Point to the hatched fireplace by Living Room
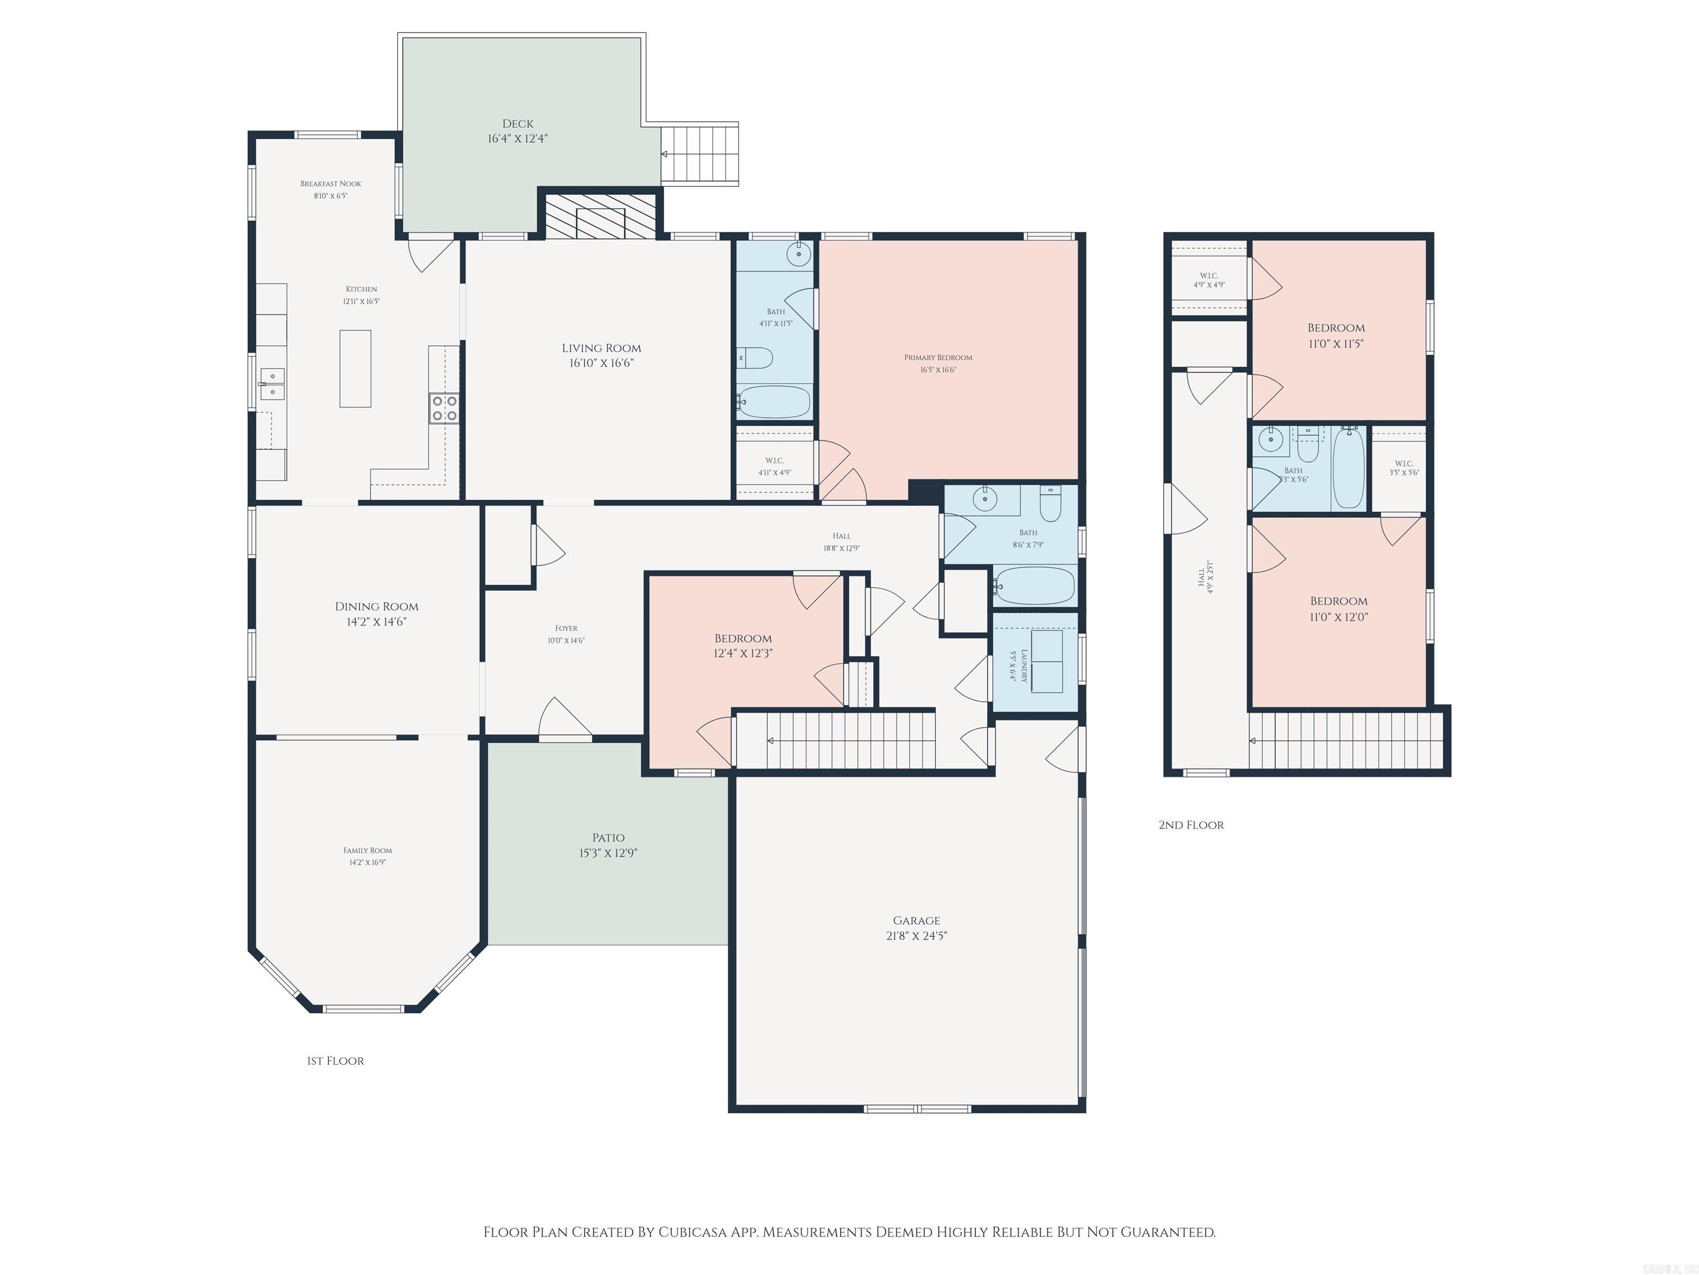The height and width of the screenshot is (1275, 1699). pos(600,216)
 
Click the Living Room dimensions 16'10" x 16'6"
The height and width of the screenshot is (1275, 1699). pos(601,363)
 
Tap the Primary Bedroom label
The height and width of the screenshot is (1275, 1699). pos(938,357)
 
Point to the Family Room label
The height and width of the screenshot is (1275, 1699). pos(367,851)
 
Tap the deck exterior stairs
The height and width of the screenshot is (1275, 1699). pos(699,154)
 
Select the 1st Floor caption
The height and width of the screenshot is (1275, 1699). pos(336,1061)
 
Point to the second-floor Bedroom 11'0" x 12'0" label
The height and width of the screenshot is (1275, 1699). pos(1339,601)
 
